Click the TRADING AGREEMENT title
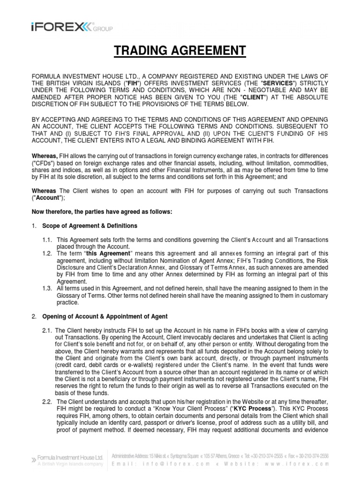click(x=180, y=51)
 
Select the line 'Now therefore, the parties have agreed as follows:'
click(x=102, y=212)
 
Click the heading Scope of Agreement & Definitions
click(x=90, y=226)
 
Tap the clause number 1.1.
click(x=49, y=240)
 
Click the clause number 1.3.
click(x=49, y=288)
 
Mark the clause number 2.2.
click(x=49, y=402)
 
